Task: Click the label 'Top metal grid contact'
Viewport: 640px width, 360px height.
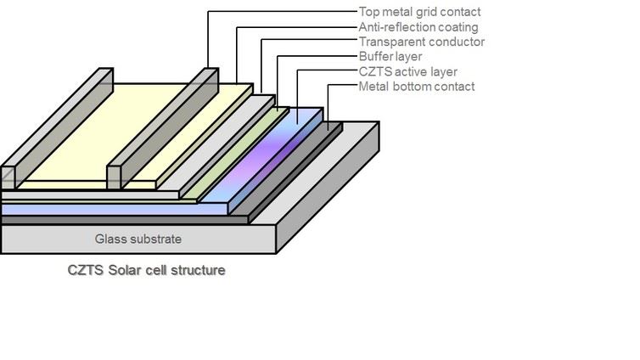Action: click(x=419, y=12)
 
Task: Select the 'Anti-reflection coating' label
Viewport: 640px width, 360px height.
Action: click(x=418, y=27)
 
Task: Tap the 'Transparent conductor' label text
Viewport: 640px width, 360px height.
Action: click(x=421, y=42)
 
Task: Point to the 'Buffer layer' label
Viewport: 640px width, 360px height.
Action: click(x=390, y=57)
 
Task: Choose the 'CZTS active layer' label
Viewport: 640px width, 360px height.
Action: click(x=407, y=71)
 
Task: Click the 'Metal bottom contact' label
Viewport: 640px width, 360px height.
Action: click(x=416, y=87)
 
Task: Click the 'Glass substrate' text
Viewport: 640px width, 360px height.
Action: click(x=138, y=239)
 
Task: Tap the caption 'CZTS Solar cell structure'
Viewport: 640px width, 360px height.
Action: click(x=147, y=270)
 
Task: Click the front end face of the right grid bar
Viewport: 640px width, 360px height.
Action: click(x=113, y=177)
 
